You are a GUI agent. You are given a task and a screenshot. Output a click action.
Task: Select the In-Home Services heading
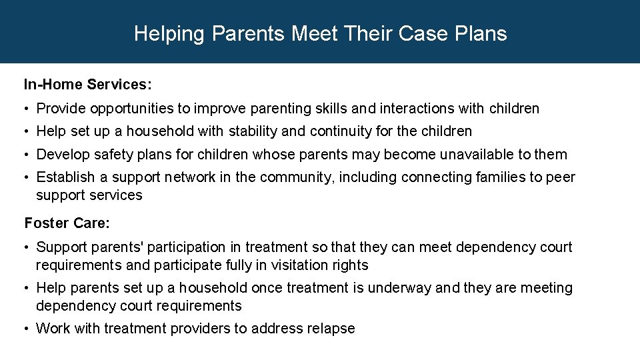pos(88,85)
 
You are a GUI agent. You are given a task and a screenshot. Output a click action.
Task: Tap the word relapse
pos(330,329)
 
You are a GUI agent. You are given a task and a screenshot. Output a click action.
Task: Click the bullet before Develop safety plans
pos(27,155)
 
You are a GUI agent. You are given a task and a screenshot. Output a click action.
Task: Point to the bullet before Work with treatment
pos(27,329)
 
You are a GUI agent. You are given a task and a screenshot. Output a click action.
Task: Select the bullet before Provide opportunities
pos(27,109)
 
